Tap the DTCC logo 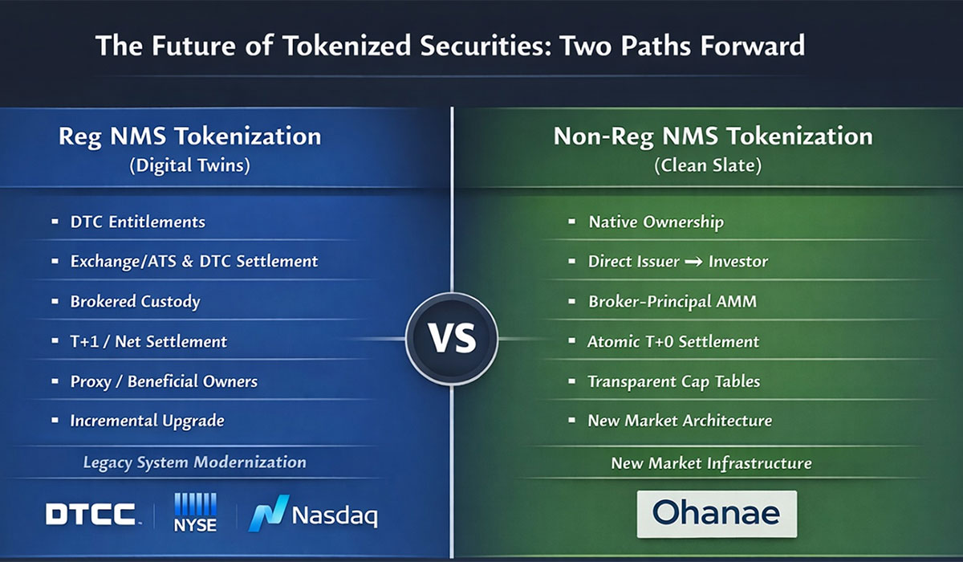click(x=91, y=515)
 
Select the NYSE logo click(x=194, y=512)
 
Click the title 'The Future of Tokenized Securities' click(x=449, y=45)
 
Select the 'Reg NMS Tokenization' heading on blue click(x=189, y=136)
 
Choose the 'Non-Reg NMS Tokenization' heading click(x=713, y=136)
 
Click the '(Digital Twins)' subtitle click(x=189, y=167)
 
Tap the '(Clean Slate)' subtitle click(x=713, y=167)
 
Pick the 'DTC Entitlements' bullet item click(x=137, y=222)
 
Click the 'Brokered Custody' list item click(x=135, y=302)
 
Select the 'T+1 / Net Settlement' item click(x=148, y=341)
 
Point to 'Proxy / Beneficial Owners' click(x=164, y=381)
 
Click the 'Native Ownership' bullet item click(x=655, y=222)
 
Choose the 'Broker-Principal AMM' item click(x=672, y=302)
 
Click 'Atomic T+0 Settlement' click(x=672, y=341)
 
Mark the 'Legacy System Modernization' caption click(x=194, y=462)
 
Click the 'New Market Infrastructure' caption click(x=711, y=463)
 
